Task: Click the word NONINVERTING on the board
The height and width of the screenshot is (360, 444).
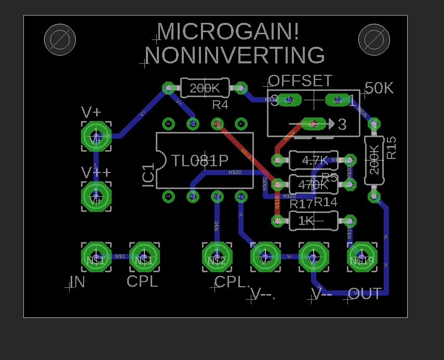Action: click(x=235, y=56)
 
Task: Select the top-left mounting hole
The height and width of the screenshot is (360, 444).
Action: click(x=60, y=39)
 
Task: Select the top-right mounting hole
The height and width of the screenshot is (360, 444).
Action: click(x=374, y=39)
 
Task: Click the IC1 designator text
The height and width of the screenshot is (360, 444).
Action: click(x=149, y=175)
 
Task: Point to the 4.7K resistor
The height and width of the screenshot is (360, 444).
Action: click(x=313, y=160)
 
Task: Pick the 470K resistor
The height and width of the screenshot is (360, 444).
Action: click(x=313, y=184)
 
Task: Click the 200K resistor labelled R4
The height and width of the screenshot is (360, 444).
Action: click(x=205, y=88)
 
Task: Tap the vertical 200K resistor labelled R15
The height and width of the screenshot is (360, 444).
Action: click(x=373, y=160)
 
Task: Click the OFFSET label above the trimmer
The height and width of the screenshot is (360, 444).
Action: click(x=300, y=81)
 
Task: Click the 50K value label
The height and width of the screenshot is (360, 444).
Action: click(x=379, y=88)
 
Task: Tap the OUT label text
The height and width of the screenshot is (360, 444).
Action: click(x=365, y=294)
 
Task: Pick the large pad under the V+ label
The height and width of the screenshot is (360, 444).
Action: click(x=96, y=136)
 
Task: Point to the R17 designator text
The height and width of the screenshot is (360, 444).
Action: click(x=301, y=204)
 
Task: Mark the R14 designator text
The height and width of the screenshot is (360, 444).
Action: click(x=326, y=202)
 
